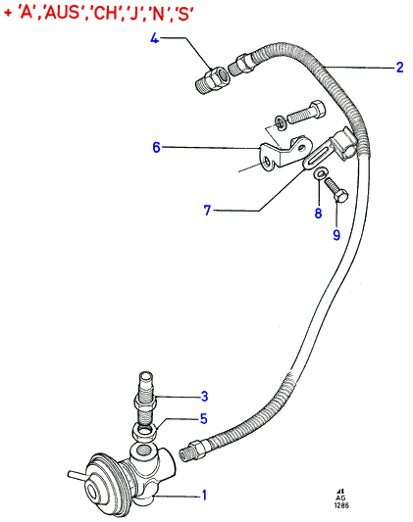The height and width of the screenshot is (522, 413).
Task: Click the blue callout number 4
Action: [x=154, y=38]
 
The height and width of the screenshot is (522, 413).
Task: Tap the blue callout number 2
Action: [x=399, y=68]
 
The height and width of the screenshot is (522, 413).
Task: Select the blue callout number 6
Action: [x=156, y=147]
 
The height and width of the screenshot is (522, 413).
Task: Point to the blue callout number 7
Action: [x=207, y=210]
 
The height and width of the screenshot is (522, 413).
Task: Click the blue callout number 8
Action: [x=318, y=213]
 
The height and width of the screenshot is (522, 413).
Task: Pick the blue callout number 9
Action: [x=336, y=235]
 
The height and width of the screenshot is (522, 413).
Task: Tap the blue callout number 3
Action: [x=204, y=396]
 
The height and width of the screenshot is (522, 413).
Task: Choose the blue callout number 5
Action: [x=204, y=418]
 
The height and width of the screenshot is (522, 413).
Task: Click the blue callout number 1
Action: [x=204, y=495]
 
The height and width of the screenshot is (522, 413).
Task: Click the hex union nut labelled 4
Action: [x=212, y=80]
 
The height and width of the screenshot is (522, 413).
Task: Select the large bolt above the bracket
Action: [x=306, y=113]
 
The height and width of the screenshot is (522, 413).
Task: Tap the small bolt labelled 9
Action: [x=336, y=189]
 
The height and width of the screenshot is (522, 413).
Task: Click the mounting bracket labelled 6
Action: [x=285, y=154]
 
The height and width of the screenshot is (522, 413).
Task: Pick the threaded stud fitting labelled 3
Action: [x=146, y=400]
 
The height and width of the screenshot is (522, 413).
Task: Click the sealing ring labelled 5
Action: [x=145, y=433]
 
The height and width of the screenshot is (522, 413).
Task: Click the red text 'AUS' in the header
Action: [x=63, y=14]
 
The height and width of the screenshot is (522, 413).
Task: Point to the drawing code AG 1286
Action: [x=341, y=500]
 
